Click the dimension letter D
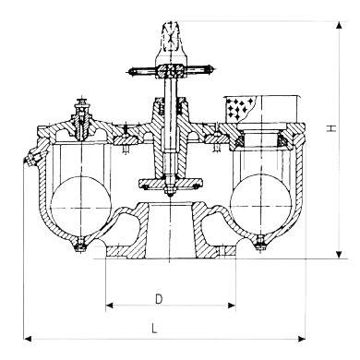(x=160, y=298)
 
